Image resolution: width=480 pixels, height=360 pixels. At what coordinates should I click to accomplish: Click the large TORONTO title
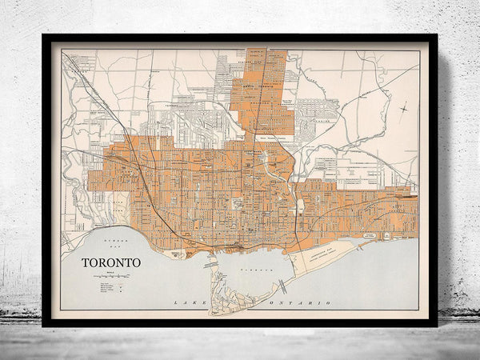110,262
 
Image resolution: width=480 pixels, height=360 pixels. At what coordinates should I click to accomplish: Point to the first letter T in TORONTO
83,262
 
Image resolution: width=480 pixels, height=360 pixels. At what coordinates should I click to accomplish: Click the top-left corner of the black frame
43,35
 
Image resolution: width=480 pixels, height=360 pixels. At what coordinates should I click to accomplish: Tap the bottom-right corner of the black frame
436,325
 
